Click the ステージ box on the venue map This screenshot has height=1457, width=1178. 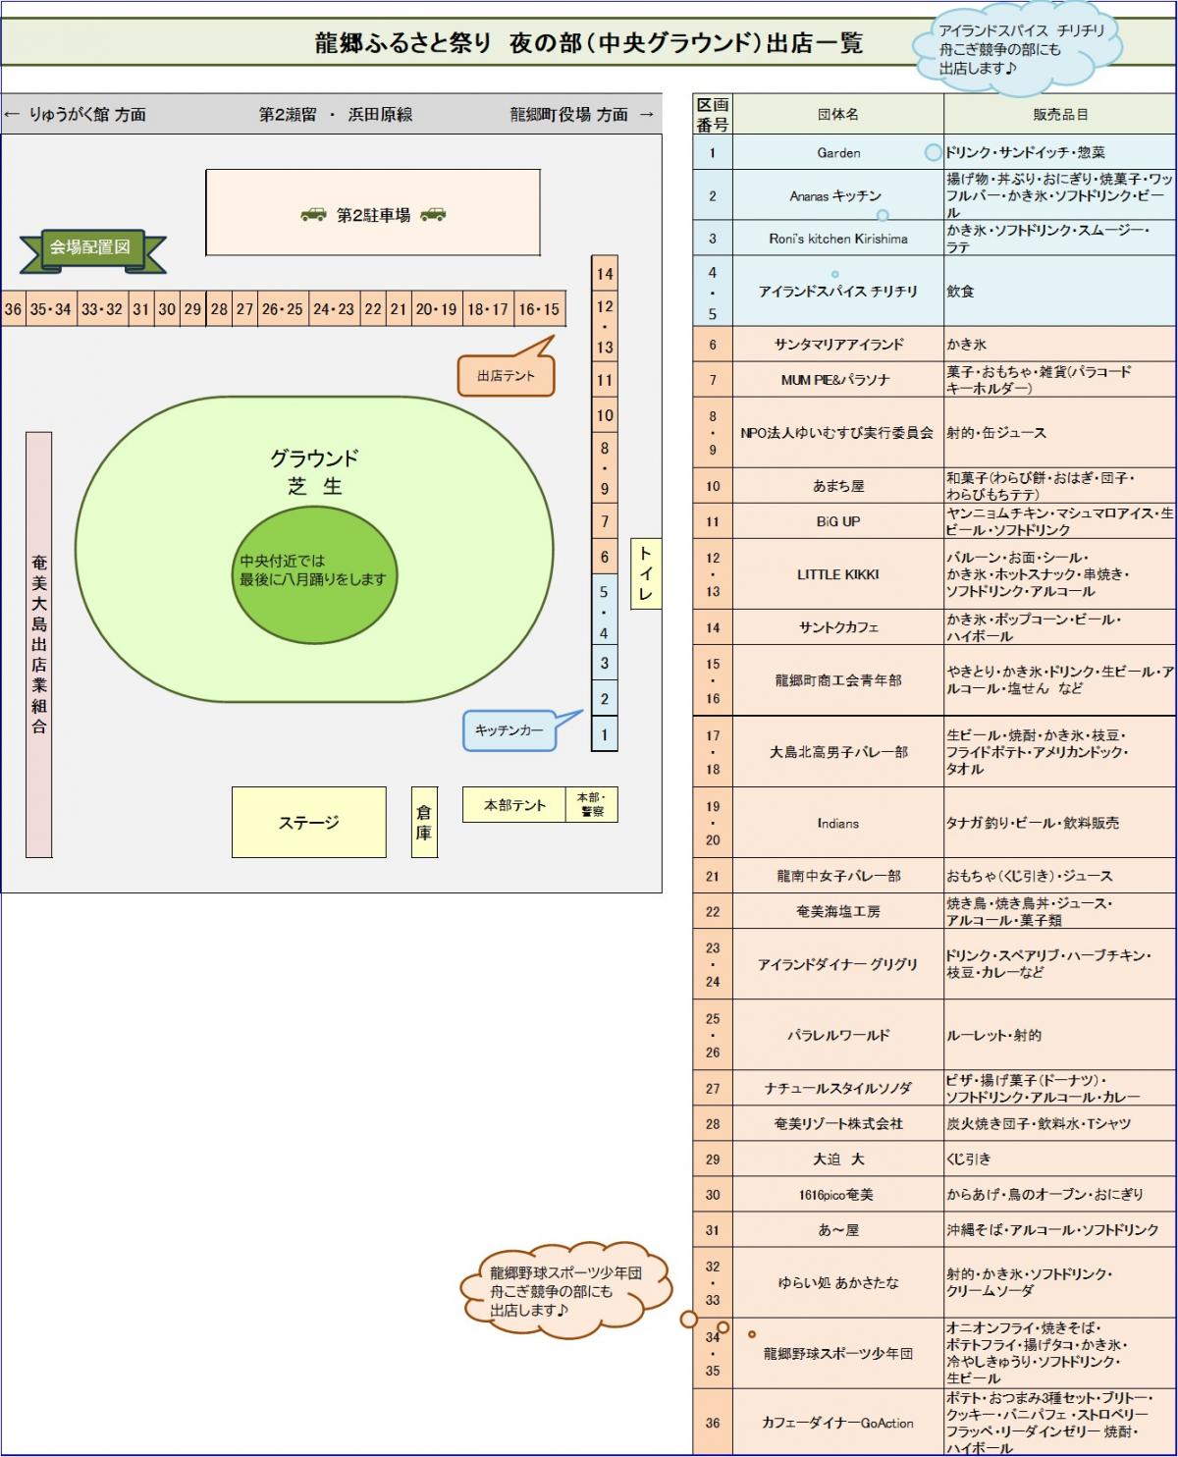tap(308, 822)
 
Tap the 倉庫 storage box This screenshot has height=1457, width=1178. tap(424, 822)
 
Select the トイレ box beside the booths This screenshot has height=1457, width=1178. tap(645, 573)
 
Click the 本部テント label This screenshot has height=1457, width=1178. tap(514, 804)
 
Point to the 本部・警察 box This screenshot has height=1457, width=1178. tap(592, 804)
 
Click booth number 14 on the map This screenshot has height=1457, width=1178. tap(605, 274)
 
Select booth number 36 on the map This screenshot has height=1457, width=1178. tap(13, 308)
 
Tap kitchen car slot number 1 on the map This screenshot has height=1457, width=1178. tap(605, 734)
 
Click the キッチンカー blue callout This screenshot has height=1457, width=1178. tap(510, 730)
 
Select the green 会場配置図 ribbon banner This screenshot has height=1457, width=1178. tap(92, 250)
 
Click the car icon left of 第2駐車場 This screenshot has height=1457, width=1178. tap(313, 214)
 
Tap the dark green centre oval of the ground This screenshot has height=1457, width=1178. tap(314, 574)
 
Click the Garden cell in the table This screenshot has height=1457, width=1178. tap(838, 152)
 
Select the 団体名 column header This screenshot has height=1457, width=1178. tap(838, 114)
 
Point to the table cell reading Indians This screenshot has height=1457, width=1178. tap(838, 822)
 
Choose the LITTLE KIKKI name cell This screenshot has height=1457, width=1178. tap(838, 574)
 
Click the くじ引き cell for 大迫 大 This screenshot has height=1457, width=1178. tap(1060, 1159)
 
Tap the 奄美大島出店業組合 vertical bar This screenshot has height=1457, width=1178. tap(39, 644)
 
